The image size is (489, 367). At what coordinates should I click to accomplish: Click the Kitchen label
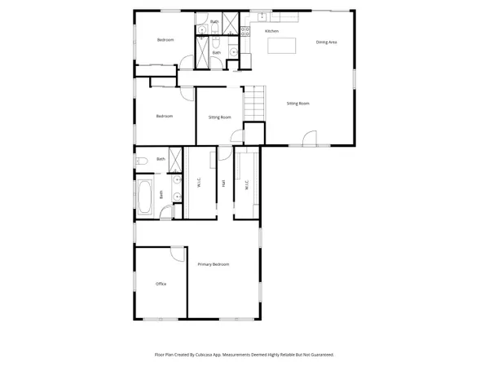[272, 31]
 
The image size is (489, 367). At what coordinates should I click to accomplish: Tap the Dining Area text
[327, 42]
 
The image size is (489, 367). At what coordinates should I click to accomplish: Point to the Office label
[161, 284]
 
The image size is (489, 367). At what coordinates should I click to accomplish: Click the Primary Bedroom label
[214, 264]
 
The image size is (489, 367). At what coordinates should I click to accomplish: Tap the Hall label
[223, 183]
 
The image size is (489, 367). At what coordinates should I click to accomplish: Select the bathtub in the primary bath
[147, 198]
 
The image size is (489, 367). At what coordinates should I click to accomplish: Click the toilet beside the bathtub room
[141, 161]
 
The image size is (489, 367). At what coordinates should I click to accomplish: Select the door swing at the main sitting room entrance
[309, 138]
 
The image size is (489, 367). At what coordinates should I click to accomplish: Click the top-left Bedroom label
[165, 40]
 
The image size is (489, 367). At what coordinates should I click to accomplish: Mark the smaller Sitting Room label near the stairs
[220, 117]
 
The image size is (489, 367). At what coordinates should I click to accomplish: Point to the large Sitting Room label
[297, 104]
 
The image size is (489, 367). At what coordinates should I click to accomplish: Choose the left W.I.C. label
[199, 184]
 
